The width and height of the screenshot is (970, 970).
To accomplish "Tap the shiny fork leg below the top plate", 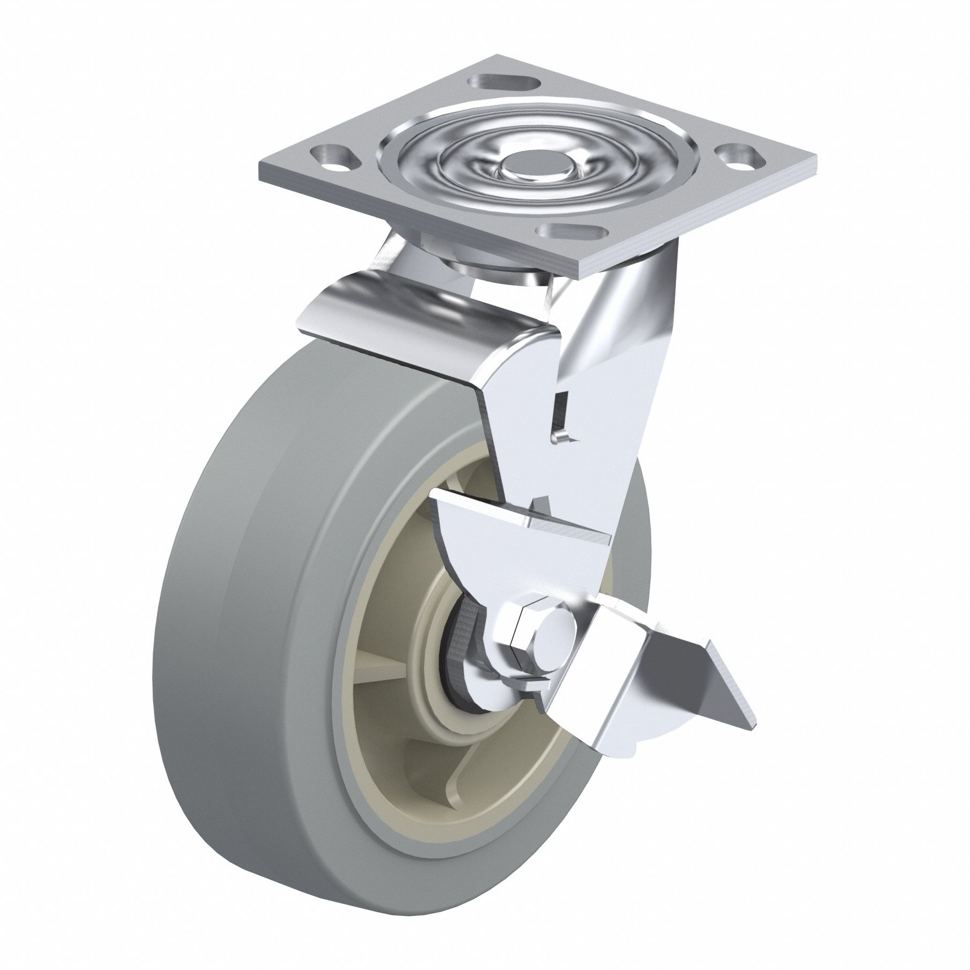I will (x=611, y=348).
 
